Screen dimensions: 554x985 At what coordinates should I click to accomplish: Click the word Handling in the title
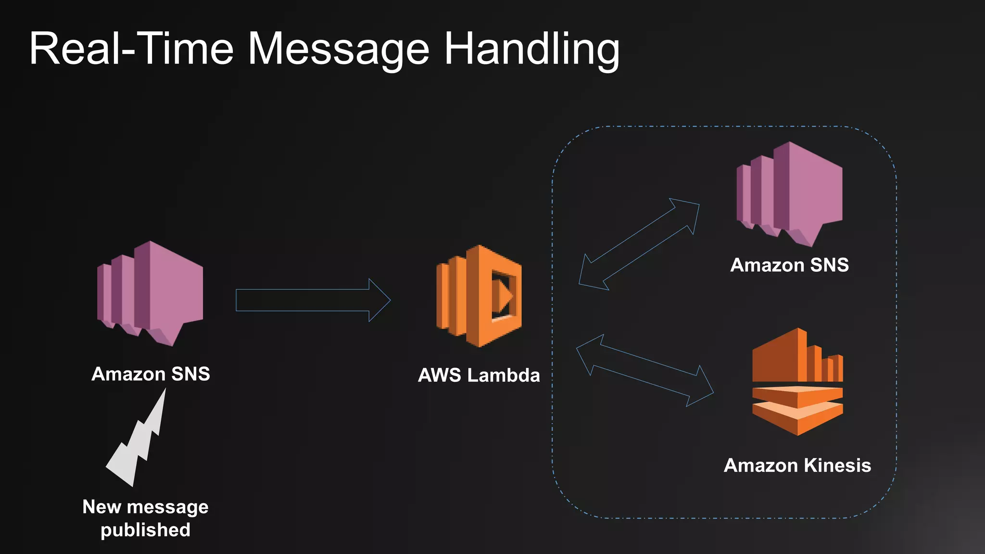point(531,49)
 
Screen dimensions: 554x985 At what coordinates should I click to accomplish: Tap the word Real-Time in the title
point(131,49)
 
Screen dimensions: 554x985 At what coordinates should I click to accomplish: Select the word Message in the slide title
point(338,50)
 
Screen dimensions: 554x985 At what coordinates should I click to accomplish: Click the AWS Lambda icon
point(479,296)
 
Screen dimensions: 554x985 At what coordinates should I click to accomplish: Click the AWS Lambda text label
point(479,375)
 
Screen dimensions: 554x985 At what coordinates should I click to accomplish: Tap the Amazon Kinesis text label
point(797,466)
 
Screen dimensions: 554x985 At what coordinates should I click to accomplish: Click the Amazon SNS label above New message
point(151,374)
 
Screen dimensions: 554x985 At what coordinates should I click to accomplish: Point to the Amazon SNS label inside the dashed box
point(789,265)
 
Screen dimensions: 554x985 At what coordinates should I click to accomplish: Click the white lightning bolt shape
point(137,442)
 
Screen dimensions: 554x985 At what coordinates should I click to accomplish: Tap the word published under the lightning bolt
point(145,530)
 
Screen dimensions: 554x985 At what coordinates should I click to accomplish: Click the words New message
point(145,507)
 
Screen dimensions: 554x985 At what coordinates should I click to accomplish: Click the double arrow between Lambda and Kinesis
point(644,371)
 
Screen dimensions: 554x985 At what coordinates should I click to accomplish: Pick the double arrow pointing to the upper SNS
point(639,244)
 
